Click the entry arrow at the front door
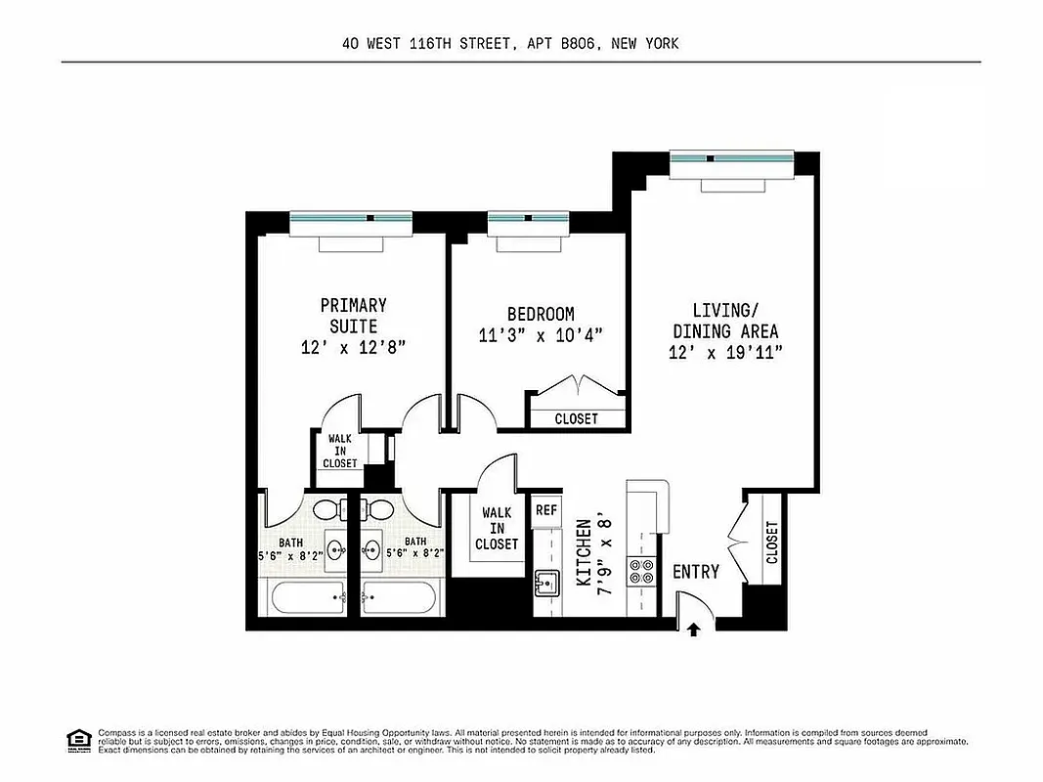694,630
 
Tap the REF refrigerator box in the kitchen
545,509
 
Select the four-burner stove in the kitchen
641,570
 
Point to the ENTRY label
696,572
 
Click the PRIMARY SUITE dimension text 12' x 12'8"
353,347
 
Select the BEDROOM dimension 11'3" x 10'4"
541,334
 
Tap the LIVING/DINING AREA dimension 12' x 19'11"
724,352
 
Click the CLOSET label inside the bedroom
576,418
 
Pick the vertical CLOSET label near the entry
772,543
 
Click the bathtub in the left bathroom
305,594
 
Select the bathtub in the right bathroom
402,594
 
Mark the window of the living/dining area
731,158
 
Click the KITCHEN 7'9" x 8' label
593,551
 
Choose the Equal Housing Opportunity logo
76,739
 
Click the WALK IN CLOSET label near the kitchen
497,528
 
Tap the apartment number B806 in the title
579,43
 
